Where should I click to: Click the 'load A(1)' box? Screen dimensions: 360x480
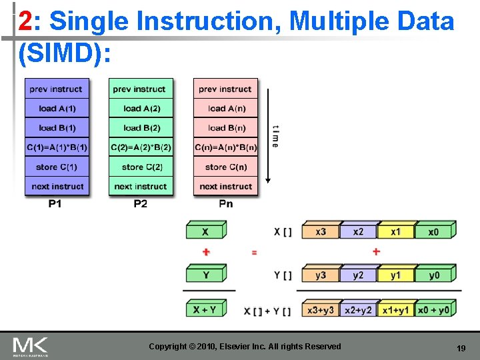point(57,108)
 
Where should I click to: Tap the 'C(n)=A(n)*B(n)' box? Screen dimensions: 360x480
point(226,147)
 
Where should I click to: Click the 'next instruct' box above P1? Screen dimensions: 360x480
point(57,186)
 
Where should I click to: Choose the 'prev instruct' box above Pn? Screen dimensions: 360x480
point(226,89)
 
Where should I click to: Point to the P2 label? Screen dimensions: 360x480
point(141,203)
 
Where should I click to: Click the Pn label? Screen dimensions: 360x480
point(226,203)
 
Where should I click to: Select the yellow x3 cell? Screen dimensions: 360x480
point(320,231)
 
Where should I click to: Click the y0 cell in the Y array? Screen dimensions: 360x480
point(434,275)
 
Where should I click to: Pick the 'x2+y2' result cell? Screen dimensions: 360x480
point(359,310)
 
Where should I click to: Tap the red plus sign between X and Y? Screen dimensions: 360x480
point(205,252)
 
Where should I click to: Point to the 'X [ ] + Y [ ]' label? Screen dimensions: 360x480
point(267,311)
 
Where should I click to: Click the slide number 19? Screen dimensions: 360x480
point(460,348)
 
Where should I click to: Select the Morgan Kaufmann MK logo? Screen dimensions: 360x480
point(30,347)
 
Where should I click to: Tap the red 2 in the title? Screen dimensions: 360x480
point(25,23)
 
